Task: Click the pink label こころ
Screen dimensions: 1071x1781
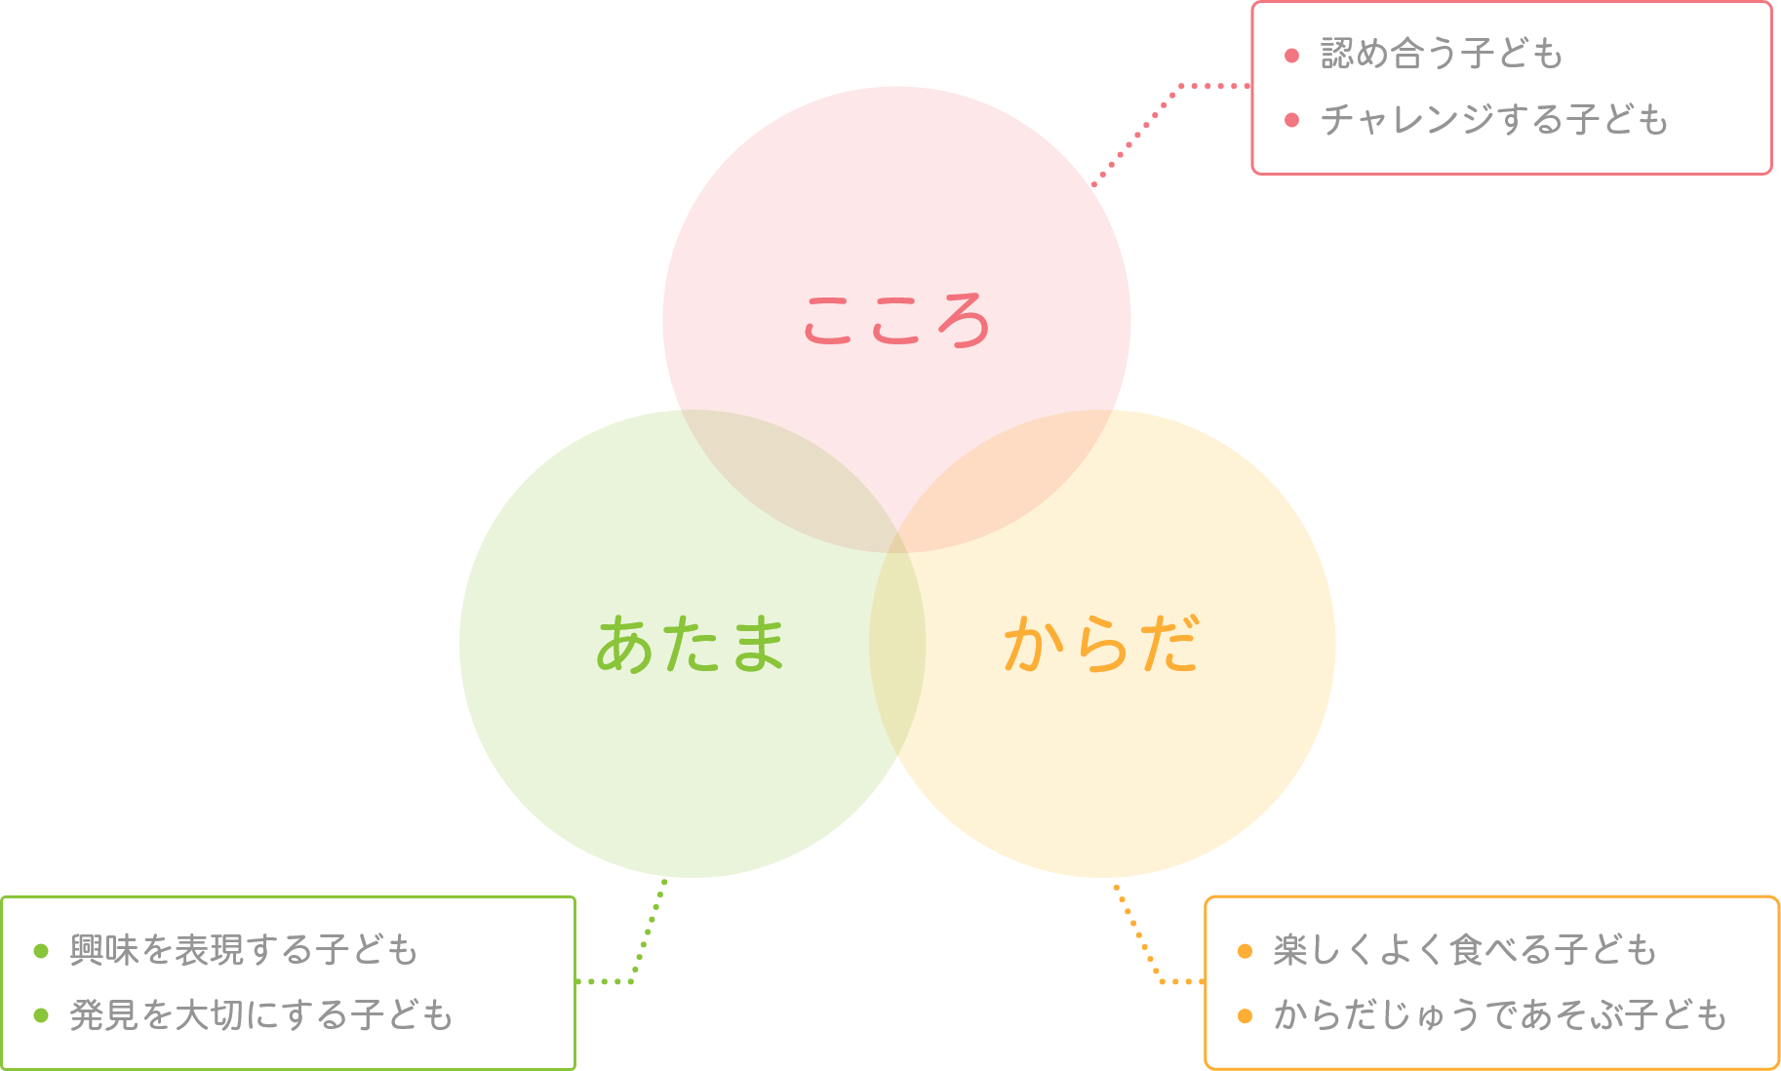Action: (x=895, y=320)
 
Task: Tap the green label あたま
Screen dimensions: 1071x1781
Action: (x=691, y=645)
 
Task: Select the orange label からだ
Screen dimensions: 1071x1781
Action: (x=1102, y=645)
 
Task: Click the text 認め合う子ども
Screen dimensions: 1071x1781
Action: (x=1442, y=54)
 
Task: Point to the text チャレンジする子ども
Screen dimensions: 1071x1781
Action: (x=1494, y=120)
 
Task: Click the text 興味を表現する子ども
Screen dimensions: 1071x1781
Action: (x=244, y=950)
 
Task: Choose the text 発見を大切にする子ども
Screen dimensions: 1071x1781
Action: (x=261, y=1015)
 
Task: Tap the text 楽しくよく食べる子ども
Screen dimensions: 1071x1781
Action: (x=1465, y=950)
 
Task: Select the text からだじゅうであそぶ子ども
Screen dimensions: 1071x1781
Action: (x=1500, y=1015)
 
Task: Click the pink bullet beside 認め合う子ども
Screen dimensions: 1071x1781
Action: (x=1292, y=55)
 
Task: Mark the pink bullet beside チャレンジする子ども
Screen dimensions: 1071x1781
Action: (x=1292, y=120)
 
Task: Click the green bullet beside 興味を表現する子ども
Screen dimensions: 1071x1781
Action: (x=41, y=951)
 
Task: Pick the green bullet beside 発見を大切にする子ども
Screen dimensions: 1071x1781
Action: (x=41, y=1015)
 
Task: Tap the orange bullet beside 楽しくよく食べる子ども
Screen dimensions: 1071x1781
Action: (x=1245, y=951)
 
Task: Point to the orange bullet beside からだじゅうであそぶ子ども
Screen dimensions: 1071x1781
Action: (x=1245, y=1015)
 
